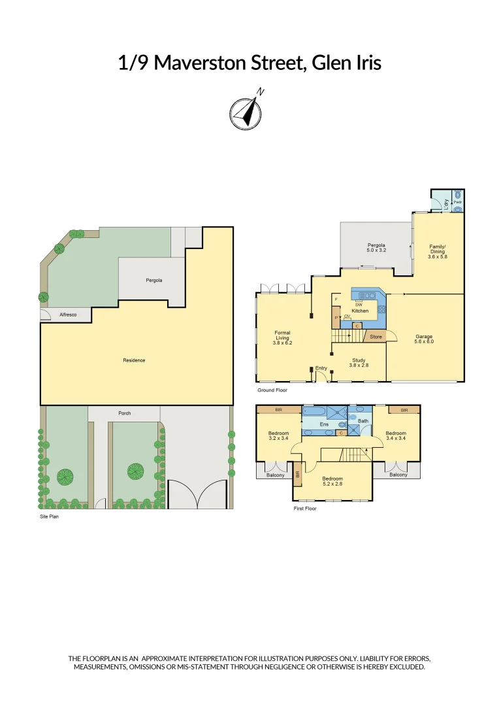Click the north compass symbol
coord(246,112)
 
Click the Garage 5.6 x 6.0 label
coord(425,339)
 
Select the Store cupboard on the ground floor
coord(376,337)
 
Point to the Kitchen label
coord(361,311)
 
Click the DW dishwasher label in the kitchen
coord(359,305)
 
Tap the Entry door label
coord(321,368)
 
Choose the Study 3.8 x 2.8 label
coord(360,363)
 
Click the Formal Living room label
coord(282,337)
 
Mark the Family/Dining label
coord(437,252)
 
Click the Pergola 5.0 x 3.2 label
coord(376,247)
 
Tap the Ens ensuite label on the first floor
coord(323,424)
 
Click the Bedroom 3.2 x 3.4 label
coord(278,436)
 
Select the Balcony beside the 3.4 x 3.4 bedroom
coord(398,475)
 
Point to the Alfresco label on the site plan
coord(68,315)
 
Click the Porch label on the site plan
coord(124,413)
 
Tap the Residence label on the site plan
coord(134,360)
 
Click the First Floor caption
coord(305,508)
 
